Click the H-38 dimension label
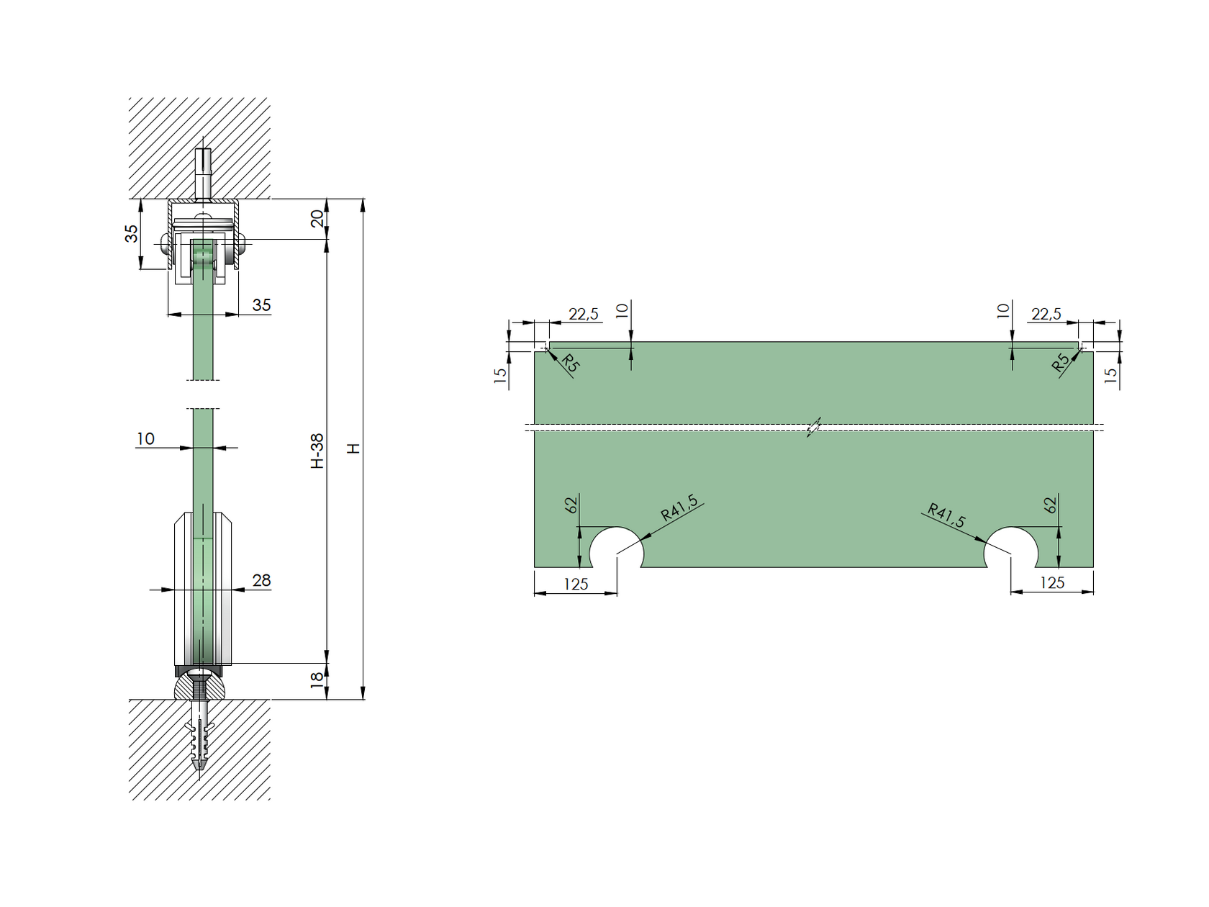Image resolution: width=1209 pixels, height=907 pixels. [x=317, y=451]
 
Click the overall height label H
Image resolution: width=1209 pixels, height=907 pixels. [x=353, y=448]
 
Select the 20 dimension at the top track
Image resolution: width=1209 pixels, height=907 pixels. [x=317, y=219]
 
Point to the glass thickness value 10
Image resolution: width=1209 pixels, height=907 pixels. [x=145, y=438]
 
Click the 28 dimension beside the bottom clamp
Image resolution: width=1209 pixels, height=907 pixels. [x=261, y=580]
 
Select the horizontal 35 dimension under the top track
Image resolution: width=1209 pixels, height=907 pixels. [x=261, y=305]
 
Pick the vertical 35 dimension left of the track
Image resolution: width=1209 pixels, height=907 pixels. [x=132, y=234]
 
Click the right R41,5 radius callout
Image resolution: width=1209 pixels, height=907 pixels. [x=946, y=515]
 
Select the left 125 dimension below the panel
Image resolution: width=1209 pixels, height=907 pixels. [x=576, y=584]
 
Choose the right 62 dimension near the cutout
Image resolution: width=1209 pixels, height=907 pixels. [x=1051, y=505]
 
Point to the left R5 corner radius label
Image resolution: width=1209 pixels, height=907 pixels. [x=570, y=363]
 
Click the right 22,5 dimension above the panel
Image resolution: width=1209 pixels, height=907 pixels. [x=1046, y=314]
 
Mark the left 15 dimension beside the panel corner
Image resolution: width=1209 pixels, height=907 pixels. [x=500, y=374]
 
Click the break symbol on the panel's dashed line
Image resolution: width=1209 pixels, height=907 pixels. [x=814, y=428]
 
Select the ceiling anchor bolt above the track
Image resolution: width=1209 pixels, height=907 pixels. [x=204, y=173]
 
